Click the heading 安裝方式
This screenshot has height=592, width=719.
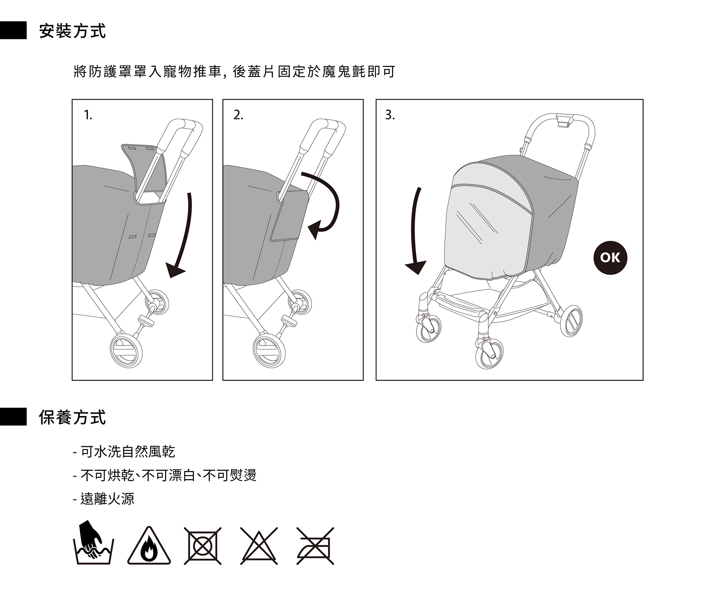[73, 31]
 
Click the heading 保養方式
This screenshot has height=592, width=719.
[73, 417]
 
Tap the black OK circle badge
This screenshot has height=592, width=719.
[610, 258]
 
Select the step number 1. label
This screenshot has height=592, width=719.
[88, 115]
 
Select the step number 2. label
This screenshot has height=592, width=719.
[238, 115]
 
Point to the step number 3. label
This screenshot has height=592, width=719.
[390, 115]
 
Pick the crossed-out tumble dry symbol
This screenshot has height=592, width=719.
[203, 546]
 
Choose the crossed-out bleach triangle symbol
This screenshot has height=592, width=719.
[259, 546]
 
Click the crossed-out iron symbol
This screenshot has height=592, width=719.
[315, 546]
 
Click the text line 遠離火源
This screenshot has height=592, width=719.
[107, 499]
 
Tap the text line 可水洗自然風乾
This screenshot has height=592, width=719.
[127, 451]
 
